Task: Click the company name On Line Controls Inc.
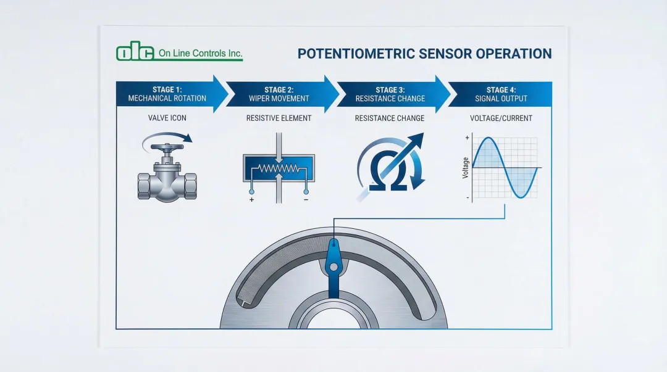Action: point(200,54)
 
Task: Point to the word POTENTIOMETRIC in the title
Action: point(356,53)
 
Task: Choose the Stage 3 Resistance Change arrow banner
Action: point(390,94)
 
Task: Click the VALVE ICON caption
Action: point(168,118)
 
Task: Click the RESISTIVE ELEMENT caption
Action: point(279,118)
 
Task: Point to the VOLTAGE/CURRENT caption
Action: point(501,118)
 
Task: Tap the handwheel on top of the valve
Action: point(167,149)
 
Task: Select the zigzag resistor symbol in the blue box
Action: point(278,167)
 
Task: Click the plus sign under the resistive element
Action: point(252,199)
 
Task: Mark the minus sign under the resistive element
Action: point(305,199)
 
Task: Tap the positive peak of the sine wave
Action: point(488,139)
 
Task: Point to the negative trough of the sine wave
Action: point(522,197)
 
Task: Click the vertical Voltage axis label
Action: point(465,168)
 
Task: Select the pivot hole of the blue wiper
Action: point(333,267)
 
